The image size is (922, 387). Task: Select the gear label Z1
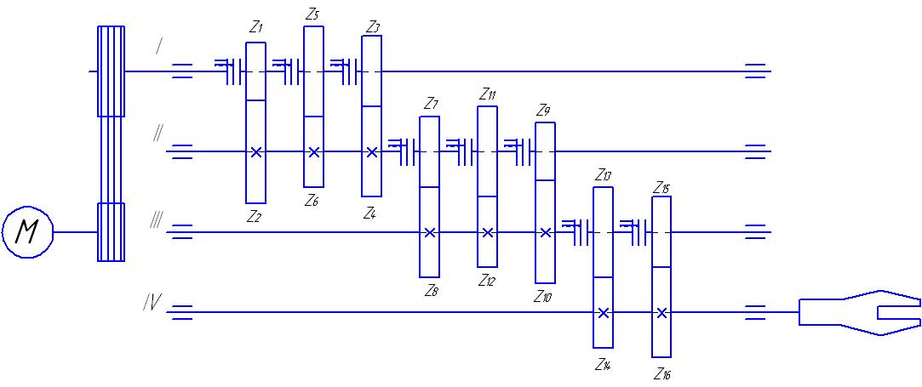coord(255,27)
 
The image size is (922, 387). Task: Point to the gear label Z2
coord(254,217)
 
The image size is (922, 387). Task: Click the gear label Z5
coord(312,14)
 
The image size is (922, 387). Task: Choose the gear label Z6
coord(312,201)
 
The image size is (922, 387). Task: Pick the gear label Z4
coord(369,213)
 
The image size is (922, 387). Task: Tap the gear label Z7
coord(431,105)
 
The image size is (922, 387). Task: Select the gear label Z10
coord(543,297)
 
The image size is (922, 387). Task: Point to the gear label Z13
coord(604,175)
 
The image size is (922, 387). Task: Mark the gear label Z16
coord(662,373)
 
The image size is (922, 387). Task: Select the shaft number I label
coord(158,47)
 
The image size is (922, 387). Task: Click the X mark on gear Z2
coord(255,152)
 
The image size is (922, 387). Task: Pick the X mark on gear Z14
coord(603,313)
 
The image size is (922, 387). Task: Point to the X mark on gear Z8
coord(430,232)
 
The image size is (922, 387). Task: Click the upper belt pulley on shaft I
coord(111,71)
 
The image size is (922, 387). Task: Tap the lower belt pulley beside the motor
coord(111,232)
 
